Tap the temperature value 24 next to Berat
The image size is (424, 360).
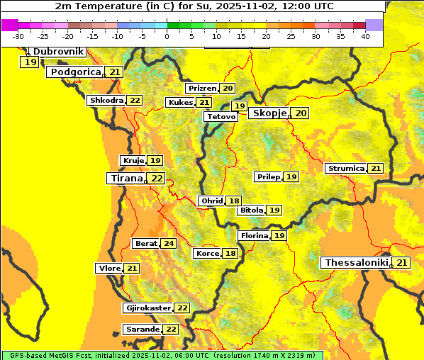[x=168, y=243]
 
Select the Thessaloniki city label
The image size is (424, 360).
[x=357, y=263]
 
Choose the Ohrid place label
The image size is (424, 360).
[x=212, y=201]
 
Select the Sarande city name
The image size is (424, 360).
[x=142, y=330]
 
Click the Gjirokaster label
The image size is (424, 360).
[x=147, y=308]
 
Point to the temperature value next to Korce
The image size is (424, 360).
[x=230, y=254]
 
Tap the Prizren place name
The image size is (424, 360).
[x=202, y=89]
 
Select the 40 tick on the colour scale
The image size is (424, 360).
[x=365, y=36]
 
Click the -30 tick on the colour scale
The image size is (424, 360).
[x=18, y=36]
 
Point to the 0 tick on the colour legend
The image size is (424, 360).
[x=167, y=36]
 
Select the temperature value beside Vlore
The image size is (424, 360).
[x=132, y=268]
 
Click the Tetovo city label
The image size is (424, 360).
[x=222, y=116]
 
